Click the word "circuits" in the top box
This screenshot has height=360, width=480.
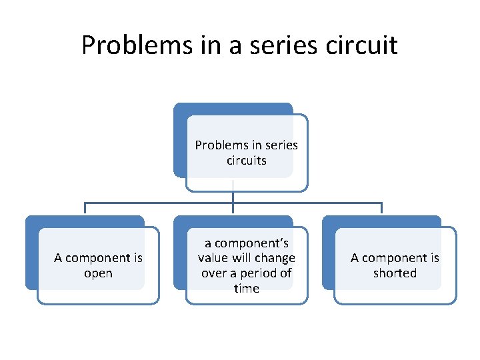[x=247, y=161]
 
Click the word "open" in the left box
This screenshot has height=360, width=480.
[x=98, y=274]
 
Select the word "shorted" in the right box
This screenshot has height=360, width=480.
[x=395, y=274]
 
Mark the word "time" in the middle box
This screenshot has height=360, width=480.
[x=247, y=289]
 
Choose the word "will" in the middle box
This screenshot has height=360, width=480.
[x=243, y=258]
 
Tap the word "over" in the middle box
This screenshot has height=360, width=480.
[x=213, y=273]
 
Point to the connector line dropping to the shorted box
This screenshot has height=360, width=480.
[x=381, y=208]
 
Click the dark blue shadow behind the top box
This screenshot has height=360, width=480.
[x=179, y=140]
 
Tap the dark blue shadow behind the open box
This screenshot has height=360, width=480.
[x=31, y=253]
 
